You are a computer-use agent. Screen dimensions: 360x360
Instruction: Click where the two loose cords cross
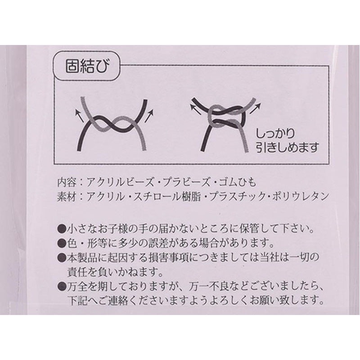pos(112,123)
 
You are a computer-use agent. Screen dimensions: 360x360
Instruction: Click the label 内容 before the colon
pos(67,184)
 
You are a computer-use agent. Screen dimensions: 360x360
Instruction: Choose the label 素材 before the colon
pos(67,197)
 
